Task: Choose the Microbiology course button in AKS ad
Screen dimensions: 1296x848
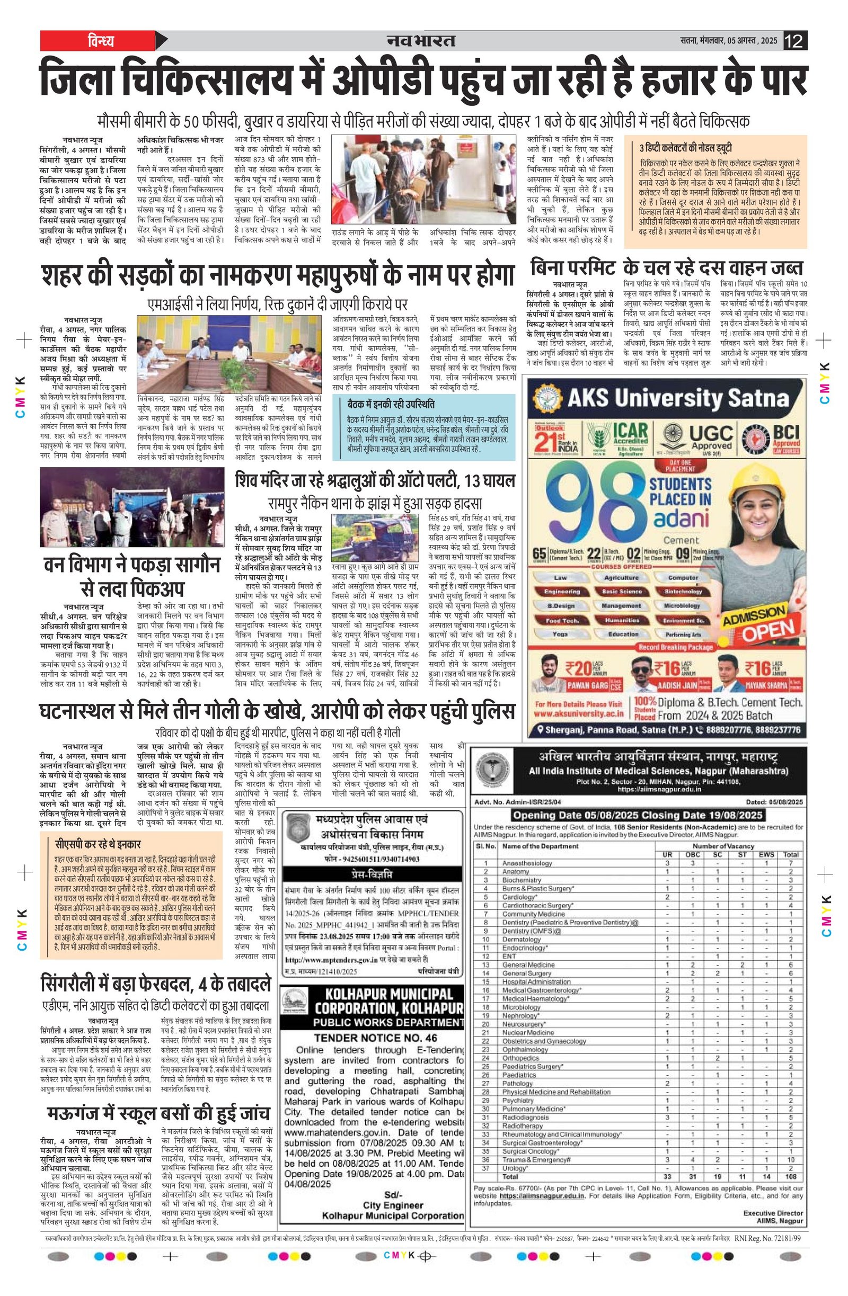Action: (682, 605)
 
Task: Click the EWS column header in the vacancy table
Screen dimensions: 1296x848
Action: (765, 854)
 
